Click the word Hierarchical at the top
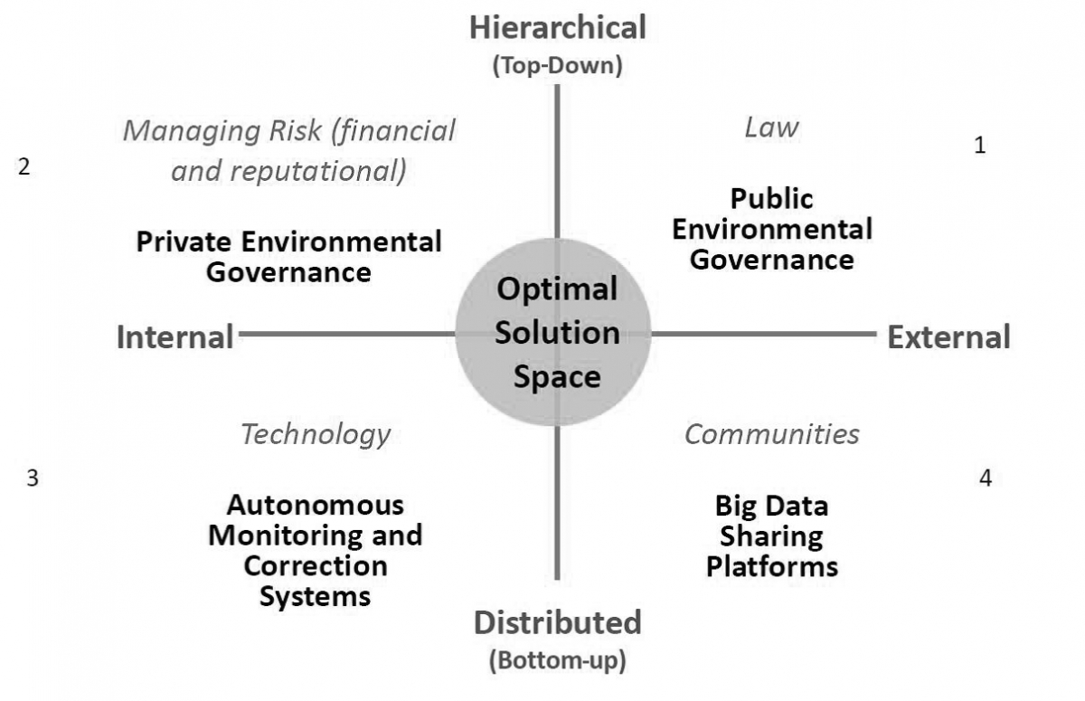coord(558,27)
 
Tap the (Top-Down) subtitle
coord(558,66)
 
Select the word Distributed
coord(557,622)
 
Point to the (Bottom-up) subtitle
coord(557,660)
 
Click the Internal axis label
coord(175,336)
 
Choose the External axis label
coord(948,336)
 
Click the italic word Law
coord(771,128)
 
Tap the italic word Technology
coord(315,434)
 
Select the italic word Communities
coord(771,434)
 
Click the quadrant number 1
coord(979,145)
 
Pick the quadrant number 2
coord(24,167)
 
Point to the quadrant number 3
coord(32,478)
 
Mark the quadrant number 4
coord(986,478)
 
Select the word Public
coord(771,198)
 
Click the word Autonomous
coord(315,504)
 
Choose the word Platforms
coord(771,566)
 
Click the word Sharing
coord(771,535)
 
